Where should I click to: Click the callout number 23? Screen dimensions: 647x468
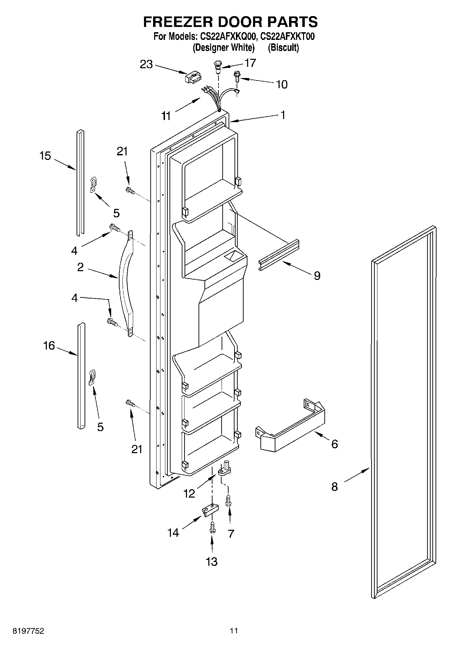(146, 65)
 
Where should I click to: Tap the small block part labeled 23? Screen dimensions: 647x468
(193, 77)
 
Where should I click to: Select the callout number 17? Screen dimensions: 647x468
(250, 63)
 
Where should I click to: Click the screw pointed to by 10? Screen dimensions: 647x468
(237, 76)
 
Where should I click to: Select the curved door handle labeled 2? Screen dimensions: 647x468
(126, 283)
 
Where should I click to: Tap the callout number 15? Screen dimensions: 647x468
(45, 156)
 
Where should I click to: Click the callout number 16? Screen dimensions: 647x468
(49, 346)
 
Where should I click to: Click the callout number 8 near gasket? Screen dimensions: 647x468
(334, 486)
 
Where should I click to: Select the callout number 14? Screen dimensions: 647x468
(173, 533)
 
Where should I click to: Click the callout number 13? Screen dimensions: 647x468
(212, 561)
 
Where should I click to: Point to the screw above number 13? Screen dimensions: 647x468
(211, 528)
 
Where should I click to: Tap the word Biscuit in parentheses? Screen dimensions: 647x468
(283, 48)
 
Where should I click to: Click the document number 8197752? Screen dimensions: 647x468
(28, 631)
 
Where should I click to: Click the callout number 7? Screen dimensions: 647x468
(231, 534)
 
